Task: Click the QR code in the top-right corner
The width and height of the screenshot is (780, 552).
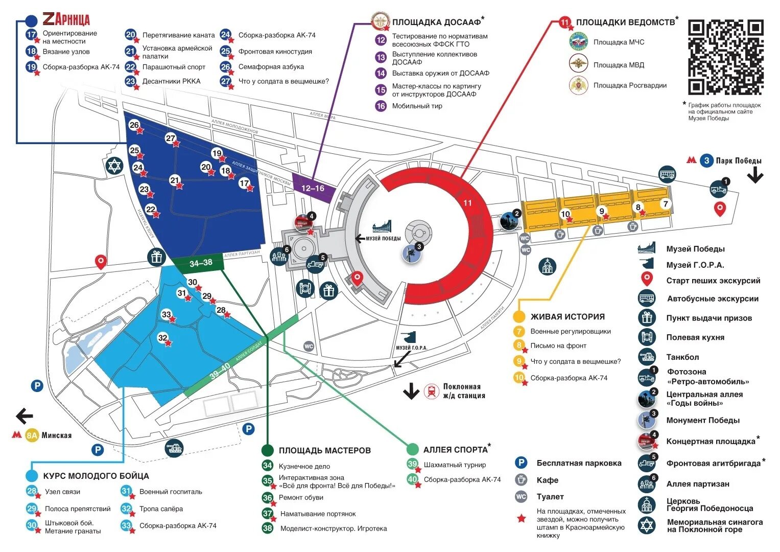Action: pyautogui.click(x=725, y=57)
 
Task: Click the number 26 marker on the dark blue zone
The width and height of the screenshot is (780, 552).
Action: pyautogui.click(x=134, y=125)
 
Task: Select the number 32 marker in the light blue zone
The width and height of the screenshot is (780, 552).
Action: pyautogui.click(x=163, y=338)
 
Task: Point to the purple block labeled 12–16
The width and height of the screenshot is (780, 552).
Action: pyautogui.click(x=313, y=189)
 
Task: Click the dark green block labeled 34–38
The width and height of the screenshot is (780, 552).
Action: pyautogui.click(x=200, y=263)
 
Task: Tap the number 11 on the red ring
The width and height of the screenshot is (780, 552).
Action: pyautogui.click(x=467, y=203)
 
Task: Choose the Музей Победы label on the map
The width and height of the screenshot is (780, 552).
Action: pyautogui.click(x=383, y=238)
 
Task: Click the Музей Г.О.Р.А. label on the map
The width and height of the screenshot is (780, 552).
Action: pyautogui.click(x=411, y=348)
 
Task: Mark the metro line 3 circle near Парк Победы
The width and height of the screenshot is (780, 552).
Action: pyautogui.click(x=706, y=160)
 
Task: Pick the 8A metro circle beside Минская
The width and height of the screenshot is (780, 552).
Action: pyautogui.click(x=32, y=435)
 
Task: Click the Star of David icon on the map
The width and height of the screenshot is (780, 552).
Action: pyautogui.click(x=114, y=166)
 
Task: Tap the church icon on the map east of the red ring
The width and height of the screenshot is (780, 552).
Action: pyautogui.click(x=547, y=266)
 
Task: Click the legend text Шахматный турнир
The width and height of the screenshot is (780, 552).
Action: pyautogui.click(x=455, y=465)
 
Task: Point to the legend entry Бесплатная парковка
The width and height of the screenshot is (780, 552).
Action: pyautogui.click(x=579, y=463)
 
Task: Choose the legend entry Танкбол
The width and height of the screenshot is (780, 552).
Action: pyautogui.click(x=682, y=357)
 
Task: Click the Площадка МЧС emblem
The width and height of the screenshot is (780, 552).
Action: pyautogui.click(x=578, y=42)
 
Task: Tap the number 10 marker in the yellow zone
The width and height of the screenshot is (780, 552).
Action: pyautogui.click(x=565, y=215)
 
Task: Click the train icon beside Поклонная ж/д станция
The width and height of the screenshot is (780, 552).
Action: pyautogui.click(x=432, y=392)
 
